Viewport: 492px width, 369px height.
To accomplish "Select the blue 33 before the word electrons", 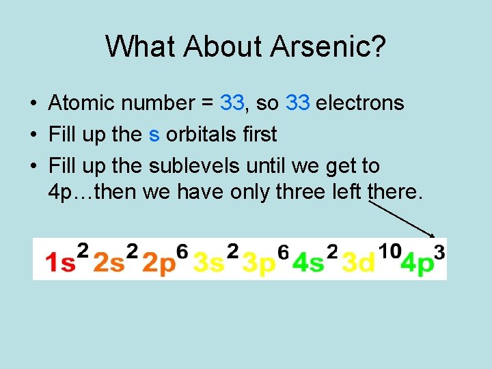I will (x=299, y=103).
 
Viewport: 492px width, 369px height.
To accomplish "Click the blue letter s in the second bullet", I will (x=154, y=135).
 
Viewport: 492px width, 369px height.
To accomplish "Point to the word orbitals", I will (x=203, y=135).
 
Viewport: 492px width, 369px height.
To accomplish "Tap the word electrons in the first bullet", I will (x=360, y=103).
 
